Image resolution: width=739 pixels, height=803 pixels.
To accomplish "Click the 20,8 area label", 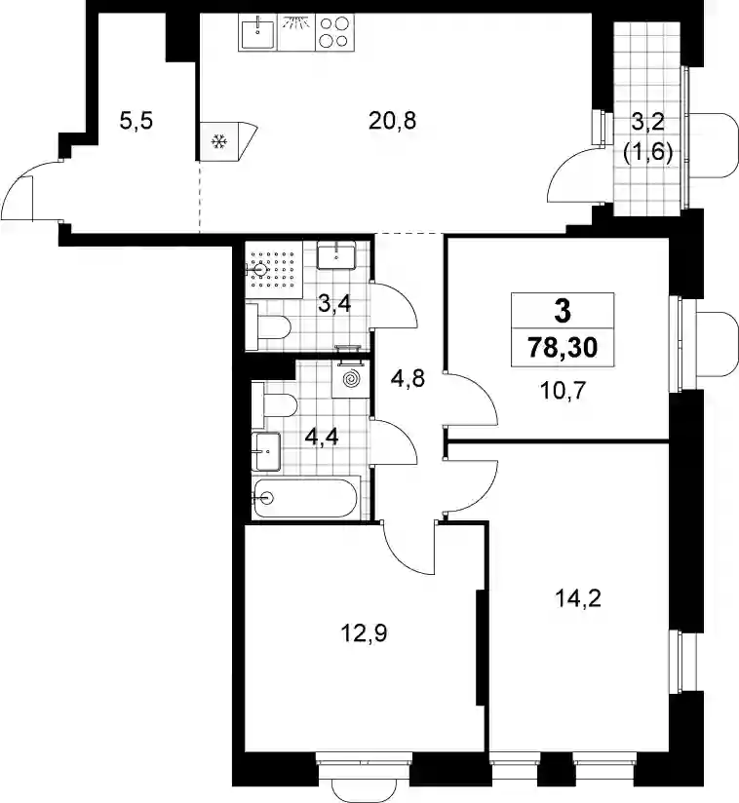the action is pos(392,122).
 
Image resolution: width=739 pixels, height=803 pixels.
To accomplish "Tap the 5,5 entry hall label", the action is pos(136,122).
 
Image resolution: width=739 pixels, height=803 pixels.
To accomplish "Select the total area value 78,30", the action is pos(563,348).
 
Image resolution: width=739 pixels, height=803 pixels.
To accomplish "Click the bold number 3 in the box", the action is pos(563,311).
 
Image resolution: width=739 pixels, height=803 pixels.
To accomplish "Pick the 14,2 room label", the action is pos(578,597).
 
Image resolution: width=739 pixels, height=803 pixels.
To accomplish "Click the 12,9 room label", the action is pos(364,633).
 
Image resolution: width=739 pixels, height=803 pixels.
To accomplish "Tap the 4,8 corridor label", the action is pos(408,379).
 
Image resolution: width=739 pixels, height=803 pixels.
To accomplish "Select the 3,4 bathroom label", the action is pos(334,304).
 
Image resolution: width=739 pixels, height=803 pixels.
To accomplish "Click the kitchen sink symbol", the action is pos(257,32).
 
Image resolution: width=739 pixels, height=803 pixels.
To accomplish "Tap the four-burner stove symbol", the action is pos(333,32).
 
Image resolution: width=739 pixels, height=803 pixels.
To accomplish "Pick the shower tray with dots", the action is pos(273,269).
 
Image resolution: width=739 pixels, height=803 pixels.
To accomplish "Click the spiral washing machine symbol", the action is pos(350,379).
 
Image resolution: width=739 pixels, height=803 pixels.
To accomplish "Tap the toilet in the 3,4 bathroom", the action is pos(268,326).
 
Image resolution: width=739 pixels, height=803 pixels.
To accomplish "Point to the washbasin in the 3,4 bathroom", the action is pos(336,256).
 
